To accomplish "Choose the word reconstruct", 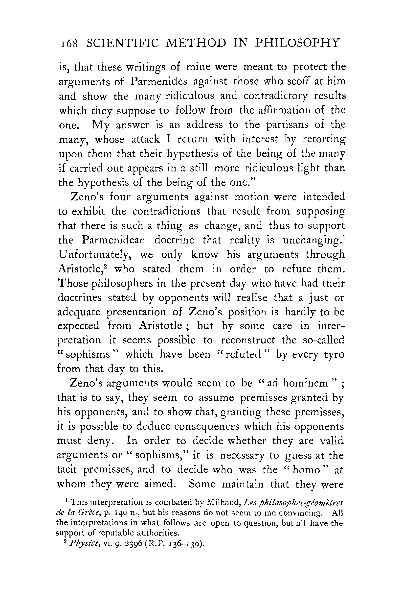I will [248, 340].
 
